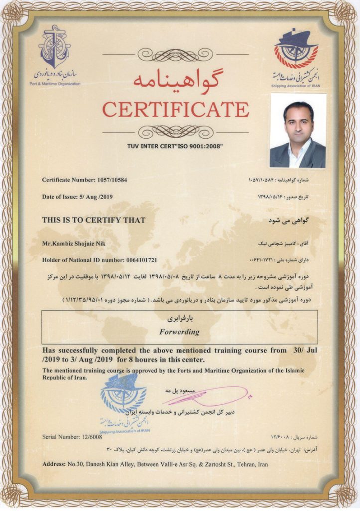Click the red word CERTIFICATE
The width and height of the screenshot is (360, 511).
(176, 109)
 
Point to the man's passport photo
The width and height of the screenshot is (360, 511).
(298, 131)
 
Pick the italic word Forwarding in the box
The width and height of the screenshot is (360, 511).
(179, 332)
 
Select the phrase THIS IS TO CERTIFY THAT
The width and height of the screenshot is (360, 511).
(94, 220)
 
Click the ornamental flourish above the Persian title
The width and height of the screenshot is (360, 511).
(175, 54)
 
